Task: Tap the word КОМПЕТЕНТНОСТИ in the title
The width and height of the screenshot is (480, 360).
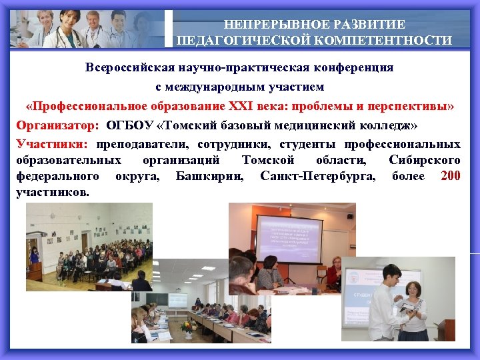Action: point(391,41)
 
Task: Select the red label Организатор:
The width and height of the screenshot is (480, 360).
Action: point(58,125)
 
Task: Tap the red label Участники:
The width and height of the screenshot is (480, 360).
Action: point(52,145)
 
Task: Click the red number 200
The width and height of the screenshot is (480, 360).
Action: point(451,176)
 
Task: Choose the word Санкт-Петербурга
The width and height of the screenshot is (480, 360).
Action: point(318,177)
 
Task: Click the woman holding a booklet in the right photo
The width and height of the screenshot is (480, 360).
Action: point(414,307)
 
